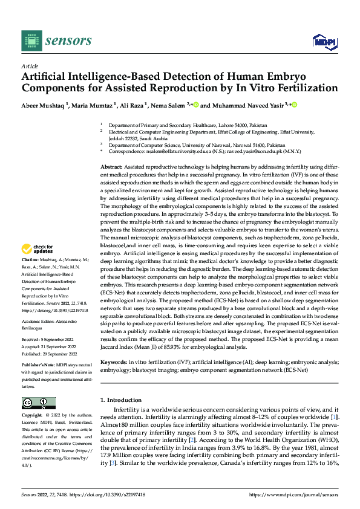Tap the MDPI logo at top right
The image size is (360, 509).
click(x=324, y=41)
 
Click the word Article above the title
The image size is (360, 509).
click(x=30, y=65)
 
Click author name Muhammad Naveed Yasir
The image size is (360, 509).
click(x=249, y=105)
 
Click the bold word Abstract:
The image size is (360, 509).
click(x=112, y=165)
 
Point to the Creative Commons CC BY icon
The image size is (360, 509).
click(x=38, y=403)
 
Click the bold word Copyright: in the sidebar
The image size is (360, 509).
click(x=33, y=416)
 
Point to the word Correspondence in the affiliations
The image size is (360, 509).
click(x=129, y=152)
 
